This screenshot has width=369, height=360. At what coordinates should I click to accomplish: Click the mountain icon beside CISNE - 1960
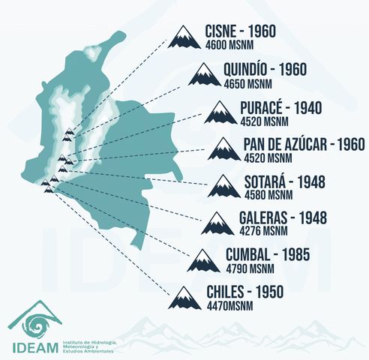pyautogui.click(x=184, y=37)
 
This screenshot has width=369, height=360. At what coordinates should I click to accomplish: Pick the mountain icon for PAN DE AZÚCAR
pyautogui.click(x=225, y=148)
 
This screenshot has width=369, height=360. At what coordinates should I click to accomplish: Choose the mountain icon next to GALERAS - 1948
pyautogui.click(x=217, y=223)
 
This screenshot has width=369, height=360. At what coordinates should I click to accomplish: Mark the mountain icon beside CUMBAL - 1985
pyautogui.click(x=204, y=260)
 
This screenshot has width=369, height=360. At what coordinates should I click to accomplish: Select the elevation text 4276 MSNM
pyautogui.click(x=266, y=232)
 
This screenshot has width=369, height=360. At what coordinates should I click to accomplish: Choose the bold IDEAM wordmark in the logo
pyautogui.click(x=35, y=347)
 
